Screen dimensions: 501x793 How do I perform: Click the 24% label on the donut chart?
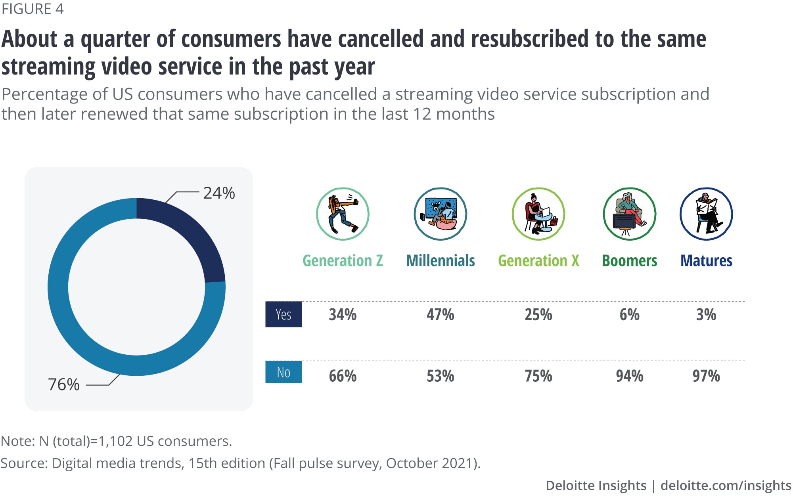coord(219,193)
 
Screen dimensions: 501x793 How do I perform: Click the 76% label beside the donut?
coord(64,384)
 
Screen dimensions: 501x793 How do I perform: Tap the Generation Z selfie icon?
coord(343,214)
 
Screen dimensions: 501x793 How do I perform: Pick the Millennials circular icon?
coord(441,214)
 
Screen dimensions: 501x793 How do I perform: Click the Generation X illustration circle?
coord(538,214)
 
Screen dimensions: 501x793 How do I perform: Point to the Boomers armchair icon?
coord(630,214)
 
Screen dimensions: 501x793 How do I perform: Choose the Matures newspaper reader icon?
coord(706,214)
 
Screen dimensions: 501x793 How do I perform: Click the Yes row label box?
coord(283,314)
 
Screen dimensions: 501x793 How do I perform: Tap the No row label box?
coord(283,372)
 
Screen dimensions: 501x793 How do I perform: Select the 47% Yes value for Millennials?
coord(441,315)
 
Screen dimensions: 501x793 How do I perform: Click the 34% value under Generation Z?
coord(343,315)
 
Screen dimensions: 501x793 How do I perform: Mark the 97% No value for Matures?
coord(706,376)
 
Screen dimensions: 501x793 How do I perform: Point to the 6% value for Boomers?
coord(630,315)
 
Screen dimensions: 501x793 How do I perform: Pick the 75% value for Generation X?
coord(538,376)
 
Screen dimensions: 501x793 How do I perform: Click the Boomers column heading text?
coord(630,261)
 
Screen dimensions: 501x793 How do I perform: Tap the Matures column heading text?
coord(706,261)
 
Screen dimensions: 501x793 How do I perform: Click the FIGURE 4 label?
coord(33,9)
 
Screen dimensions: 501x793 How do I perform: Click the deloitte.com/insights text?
coord(726,486)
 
